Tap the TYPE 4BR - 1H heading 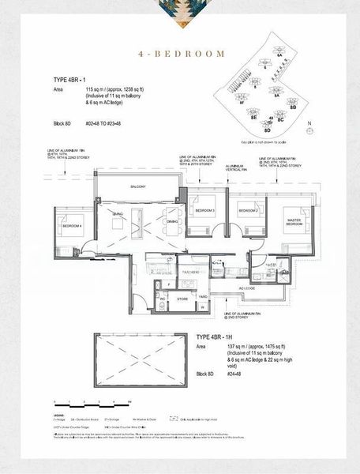click(x=220, y=337)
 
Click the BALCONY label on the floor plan click(x=141, y=186)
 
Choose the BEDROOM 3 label click(x=205, y=211)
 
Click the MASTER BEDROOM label click(x=294, y=223)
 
